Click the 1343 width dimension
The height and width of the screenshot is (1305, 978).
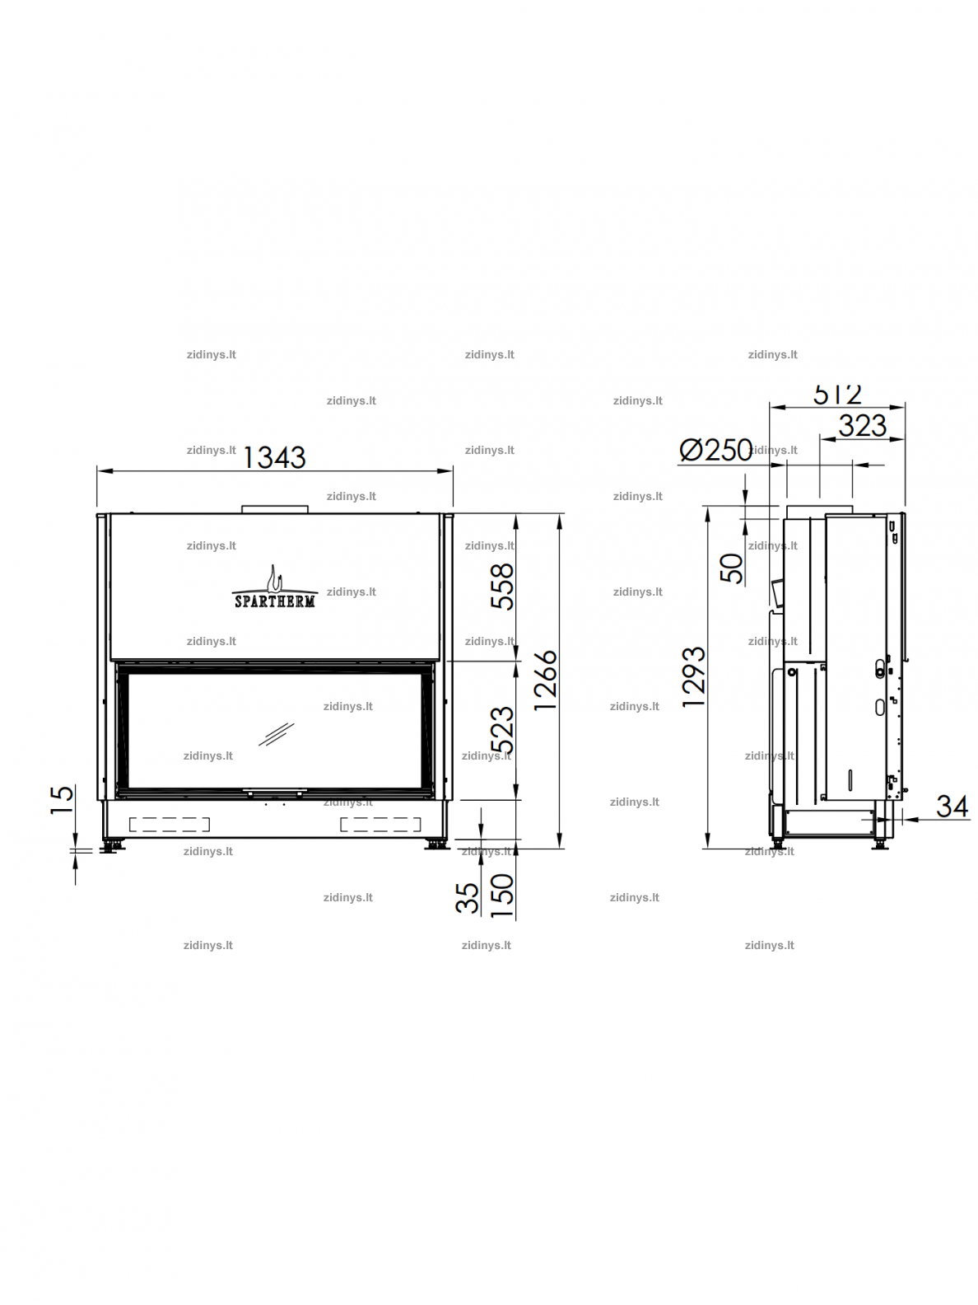tap(274, 457)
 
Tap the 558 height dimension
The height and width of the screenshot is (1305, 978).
tap(502, 586)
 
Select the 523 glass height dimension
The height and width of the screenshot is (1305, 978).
tap(502, 730)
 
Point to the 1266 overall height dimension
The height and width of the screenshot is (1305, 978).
tap(546, 680)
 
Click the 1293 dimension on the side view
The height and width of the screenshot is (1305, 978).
tap(694, 676)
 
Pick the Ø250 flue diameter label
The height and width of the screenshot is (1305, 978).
tap(716, 450)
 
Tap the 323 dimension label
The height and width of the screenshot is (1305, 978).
tap(862, 426)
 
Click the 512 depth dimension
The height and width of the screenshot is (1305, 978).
tap(837, 394)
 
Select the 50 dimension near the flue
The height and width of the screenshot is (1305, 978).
tap(732, 568)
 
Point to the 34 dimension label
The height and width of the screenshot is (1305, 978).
tap(952, 807)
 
